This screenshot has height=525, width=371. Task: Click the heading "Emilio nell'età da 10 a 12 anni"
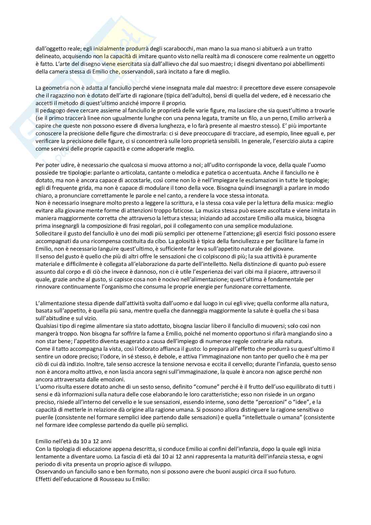(x=73, y=442)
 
